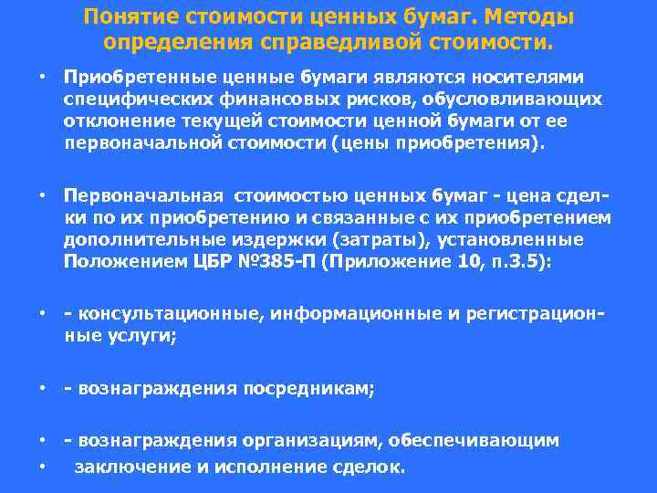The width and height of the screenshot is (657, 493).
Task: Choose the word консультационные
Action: click(x=160, y=314)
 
